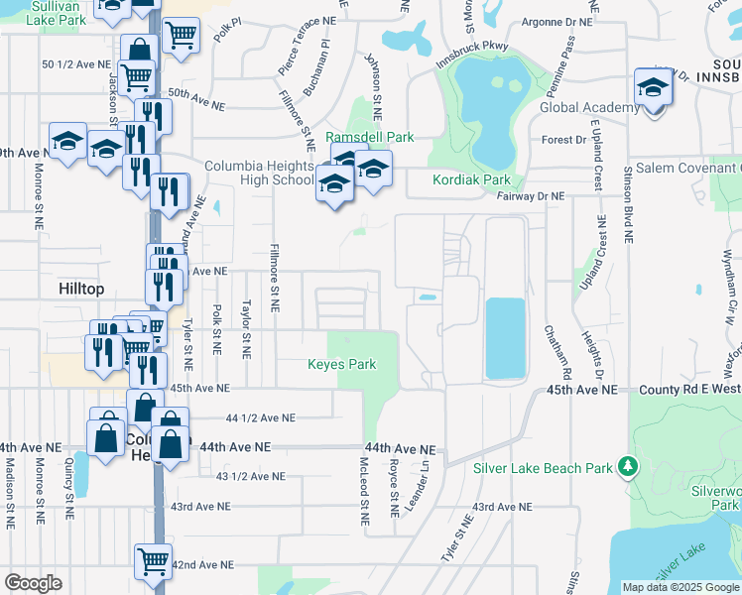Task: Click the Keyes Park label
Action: pyautogui.click(x=341, y=365)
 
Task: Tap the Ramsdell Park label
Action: pyautogui.click(x=370, y=137)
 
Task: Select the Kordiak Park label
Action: pyautogui.click(x=471, y=180)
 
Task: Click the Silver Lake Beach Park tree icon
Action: pyautogui.click(x=626, y=465)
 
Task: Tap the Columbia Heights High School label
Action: pyautogui.click(x=260, y=173)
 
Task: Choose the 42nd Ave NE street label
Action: pyautogui.click(x=202, y=564)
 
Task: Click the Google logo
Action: pyautogui.click(x=33, y=583)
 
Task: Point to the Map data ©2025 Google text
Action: pyautogui.click(x=680, y=587)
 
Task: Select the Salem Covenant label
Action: pyautogui.click(x=682, y=169)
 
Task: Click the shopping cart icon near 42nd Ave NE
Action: pyautogui.click(x=153, y=562)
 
